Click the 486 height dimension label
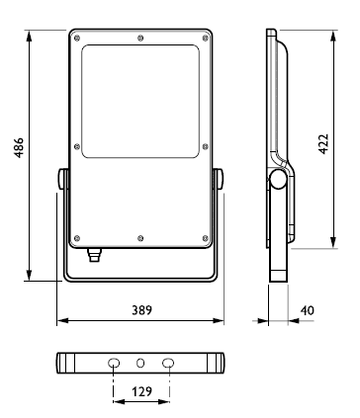[19, 147]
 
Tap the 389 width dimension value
[142, 310]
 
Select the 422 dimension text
[323, 143]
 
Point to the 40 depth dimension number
[308, 310]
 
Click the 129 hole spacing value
[142, 391]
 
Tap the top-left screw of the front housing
[77, 38]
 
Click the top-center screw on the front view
[140, 38]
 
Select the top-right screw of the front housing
[206, 38]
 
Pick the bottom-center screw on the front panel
[140, 238]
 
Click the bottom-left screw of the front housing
[77, 238]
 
